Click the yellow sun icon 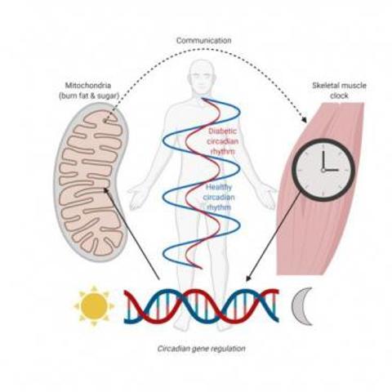(x=94, y=305)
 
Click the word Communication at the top (x=204, y=41)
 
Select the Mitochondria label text (x=88, y=86)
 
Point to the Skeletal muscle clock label (x=339, y=91)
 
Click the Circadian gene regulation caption (x=201, y=349)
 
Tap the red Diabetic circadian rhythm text (x=223, y=141)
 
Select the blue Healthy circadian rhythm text (x=219, y=198)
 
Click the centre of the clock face (x=323, y=170)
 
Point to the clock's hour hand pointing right (x=331, y=170)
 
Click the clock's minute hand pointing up (x=323, y=160)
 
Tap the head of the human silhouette (x=202, y=78)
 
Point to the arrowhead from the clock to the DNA (x=248, y=278)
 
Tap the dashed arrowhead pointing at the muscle (x=304, y=120)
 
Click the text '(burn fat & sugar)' (x=89, y=96)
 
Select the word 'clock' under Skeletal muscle (x=339, y=96)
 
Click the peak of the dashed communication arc (x=205, y=49)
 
